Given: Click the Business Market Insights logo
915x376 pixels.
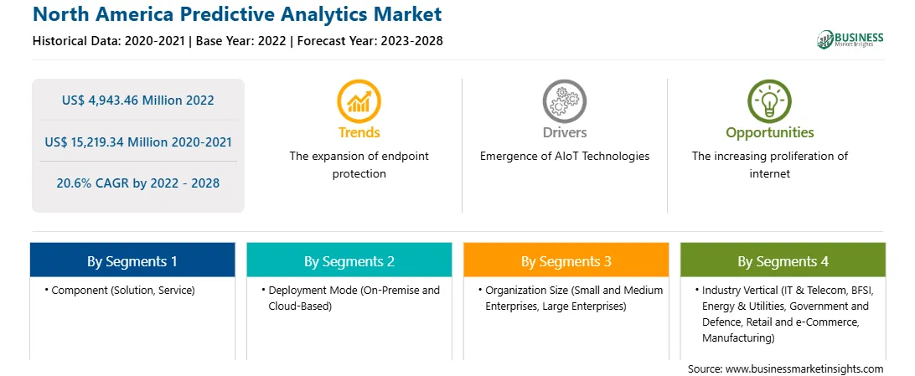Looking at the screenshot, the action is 850,39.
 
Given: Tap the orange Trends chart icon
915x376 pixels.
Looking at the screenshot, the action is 359,100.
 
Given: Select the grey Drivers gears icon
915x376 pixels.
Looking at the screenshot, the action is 564,100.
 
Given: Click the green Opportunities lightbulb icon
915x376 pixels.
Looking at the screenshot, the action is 770,100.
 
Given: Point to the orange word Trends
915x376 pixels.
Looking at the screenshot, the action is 359,132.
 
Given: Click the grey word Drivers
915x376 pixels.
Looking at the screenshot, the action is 564,132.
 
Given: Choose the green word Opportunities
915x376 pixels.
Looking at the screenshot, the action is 770,132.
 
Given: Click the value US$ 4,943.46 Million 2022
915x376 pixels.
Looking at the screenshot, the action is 137,100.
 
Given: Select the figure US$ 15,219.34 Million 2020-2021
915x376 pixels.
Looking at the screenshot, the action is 137,142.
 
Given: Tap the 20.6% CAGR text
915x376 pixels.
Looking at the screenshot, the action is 137,183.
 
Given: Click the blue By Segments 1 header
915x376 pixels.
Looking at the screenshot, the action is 132,260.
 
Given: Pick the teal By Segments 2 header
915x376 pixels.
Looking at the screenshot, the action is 349,260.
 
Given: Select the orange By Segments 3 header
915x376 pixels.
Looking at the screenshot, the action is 566,260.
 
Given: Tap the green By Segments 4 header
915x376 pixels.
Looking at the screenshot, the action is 783,260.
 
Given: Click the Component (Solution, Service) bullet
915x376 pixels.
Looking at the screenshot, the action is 120,290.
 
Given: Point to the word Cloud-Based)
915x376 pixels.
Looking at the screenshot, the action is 300,306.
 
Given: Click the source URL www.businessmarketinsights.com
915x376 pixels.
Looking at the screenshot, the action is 804,369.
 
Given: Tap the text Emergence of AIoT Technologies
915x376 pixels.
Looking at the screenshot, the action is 564,157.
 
